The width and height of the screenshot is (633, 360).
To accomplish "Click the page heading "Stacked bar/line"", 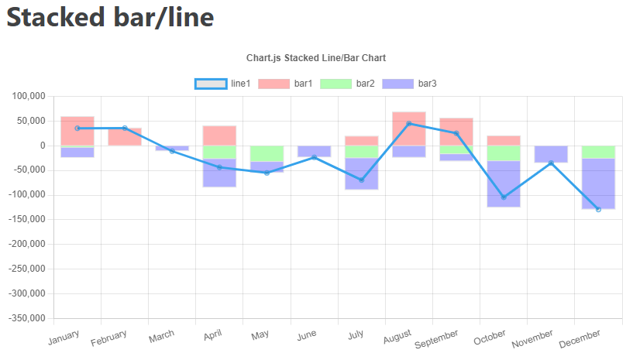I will (110, 18).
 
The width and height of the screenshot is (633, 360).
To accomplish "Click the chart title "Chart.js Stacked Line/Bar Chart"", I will (316, 58).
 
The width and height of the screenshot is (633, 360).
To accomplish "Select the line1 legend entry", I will (223, 84).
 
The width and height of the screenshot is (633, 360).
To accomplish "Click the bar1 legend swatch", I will (273, 84).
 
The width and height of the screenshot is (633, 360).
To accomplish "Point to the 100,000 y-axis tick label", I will (28, 96).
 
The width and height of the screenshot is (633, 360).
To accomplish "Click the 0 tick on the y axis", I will (43, 146).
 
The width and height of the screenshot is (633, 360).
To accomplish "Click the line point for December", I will (598, 209).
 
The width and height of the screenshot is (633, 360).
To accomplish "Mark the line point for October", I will (504, 197).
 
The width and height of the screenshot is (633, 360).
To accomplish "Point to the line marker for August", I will (409, 123).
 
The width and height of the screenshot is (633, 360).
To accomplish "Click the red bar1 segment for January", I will (77, 131).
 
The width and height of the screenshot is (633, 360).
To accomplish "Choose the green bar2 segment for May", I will (267, 153).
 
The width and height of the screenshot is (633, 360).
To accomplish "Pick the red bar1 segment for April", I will (219, 135).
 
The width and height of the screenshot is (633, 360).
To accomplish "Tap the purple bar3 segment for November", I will (551, 154).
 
